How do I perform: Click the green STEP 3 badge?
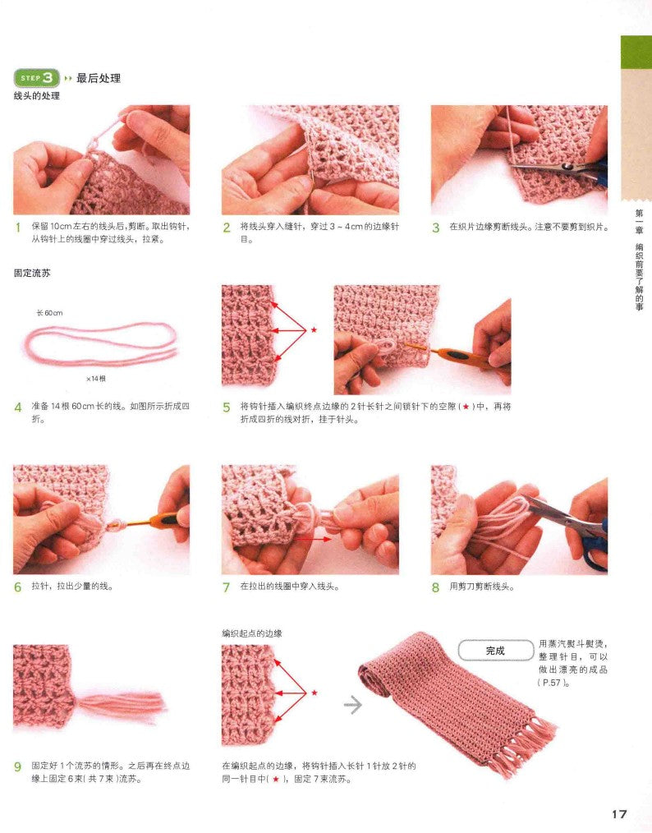[36, 78]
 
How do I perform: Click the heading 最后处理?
[99, 78]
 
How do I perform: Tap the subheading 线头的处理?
[37, 95]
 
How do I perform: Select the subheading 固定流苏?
[32, 273]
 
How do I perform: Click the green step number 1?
[18, 228]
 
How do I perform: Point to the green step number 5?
[227, 407]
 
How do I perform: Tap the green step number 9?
[18, 766]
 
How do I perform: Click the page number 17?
[619, 814]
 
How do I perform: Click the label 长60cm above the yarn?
[49, 313]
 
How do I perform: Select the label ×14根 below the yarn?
[95, 379]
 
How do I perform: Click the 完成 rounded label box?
[495, 651]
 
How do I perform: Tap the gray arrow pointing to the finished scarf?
[352, 705]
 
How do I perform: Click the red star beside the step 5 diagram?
[314, 330]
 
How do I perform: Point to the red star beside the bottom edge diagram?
[314, 693]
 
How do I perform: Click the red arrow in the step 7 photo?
[313, 539]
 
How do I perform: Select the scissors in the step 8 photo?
[568, 526]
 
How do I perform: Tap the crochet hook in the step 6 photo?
[149, 521]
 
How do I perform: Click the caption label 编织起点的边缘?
[252, 633]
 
